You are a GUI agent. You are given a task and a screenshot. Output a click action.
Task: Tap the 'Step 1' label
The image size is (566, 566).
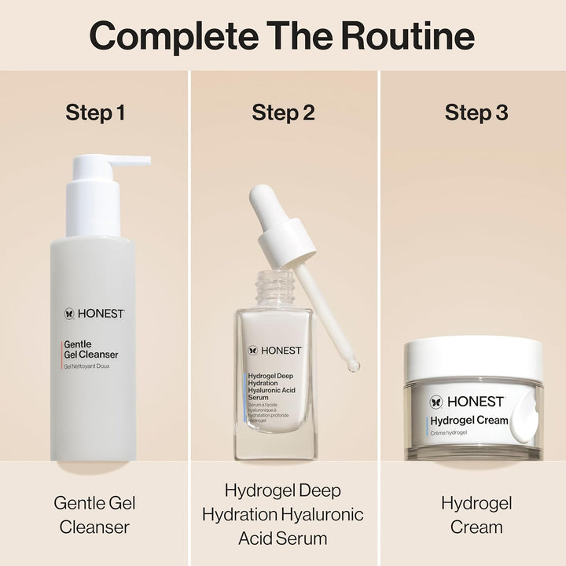click(x=95, y=112)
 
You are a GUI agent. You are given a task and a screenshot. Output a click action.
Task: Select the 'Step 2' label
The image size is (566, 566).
click(x=283, y=112)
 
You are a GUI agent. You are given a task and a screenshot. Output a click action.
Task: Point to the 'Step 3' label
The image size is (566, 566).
click(x=476, y=112)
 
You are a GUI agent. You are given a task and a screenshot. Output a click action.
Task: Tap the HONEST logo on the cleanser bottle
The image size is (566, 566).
click(x=94, y=313)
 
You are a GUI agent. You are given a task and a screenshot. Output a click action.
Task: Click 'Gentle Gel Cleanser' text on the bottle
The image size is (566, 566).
click(x=90, y=349)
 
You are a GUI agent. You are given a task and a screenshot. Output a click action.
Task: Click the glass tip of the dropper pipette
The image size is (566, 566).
click(x=353, y=364)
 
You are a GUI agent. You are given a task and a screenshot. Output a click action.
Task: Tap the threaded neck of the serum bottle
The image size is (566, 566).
click(x=274, y=289)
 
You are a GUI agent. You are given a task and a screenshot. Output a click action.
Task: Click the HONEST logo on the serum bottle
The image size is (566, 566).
click(x=275, y=350)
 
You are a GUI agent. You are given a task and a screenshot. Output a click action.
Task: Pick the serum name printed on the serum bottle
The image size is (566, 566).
click(x=270, y=387)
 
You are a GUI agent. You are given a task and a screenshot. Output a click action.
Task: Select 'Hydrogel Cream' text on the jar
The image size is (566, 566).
click(x=469, y=421)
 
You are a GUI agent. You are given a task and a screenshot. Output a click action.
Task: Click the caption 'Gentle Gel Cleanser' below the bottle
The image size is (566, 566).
click(x=95, y=514)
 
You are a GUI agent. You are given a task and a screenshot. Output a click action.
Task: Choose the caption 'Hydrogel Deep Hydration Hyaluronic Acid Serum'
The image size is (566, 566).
click(x=283, y=514)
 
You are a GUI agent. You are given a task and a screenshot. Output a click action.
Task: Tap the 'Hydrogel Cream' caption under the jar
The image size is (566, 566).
click(x=476, y=514)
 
